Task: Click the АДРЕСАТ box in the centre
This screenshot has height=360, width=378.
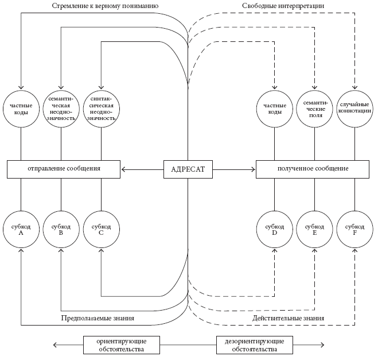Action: (188, 169)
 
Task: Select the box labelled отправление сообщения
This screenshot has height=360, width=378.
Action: (64, 169)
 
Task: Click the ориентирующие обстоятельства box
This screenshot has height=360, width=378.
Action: (120, 344)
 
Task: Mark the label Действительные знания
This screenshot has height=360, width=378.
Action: (289, 318)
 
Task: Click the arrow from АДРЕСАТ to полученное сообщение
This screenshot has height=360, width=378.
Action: (234, 169)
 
